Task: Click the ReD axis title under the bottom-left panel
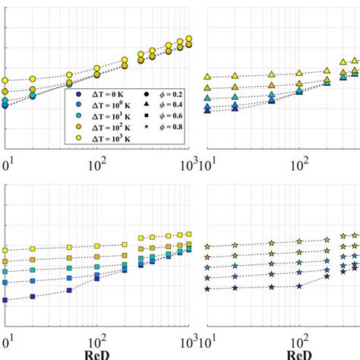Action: click(97, 353)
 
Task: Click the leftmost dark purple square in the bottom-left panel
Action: click(5, 300)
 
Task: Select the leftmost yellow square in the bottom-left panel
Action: click(5, 250)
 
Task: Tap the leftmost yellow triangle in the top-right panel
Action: click(207, 77)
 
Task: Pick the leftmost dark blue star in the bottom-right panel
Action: click(207, 289)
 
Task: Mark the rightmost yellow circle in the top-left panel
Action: click(189, 39)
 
